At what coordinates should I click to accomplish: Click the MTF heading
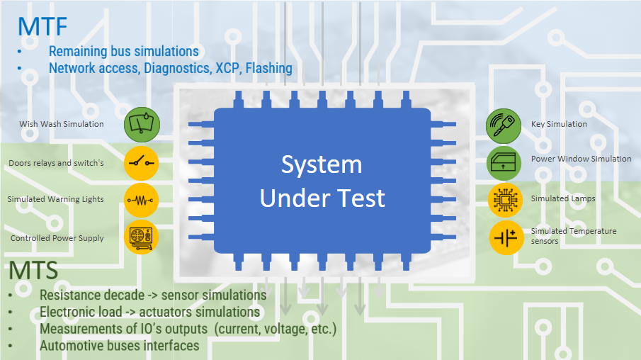pyautogui.click(x=43, y=27)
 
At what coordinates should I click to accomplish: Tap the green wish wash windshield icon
pyautogui.click(x=142, y=125)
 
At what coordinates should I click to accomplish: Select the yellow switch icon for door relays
pyautogui.click(x=142, y=163)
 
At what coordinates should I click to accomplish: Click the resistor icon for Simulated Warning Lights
pyautogui.click(x=142, y=201)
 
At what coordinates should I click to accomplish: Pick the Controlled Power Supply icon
pyautogui.click(x=142, y=239)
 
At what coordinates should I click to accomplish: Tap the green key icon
pyautogui.click(x=504, y=125)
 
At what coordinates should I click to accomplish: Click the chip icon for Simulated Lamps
pyautogui.click(x=504, y=200)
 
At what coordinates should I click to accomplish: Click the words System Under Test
pyautogui.click(x=322, y=181)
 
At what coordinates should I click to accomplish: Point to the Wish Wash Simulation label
pyautogui.click(x=62, y=124)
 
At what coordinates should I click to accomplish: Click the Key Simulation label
pyautogui.click(x=559, y=124)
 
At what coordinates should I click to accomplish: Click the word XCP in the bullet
pyautogui.click(x=229, y=68)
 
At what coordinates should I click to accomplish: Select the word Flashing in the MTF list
pyautogui.click(x=268, y=68)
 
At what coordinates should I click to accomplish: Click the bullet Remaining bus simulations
pyautogui.click(x=123, y=51)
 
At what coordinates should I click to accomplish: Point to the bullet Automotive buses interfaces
pyautogui.click(x=119, y=346)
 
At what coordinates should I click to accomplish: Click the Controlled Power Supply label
pyautogui.click(x=57, y=238)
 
